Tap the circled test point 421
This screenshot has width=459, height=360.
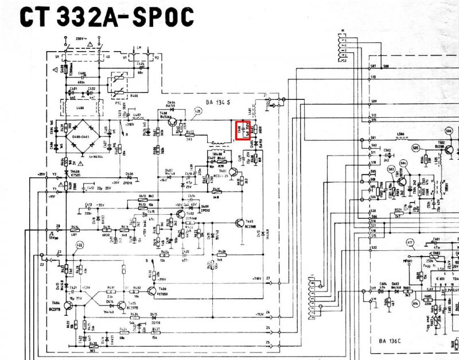click(x=199, y=110)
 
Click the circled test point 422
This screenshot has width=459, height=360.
click(x=79, y=245)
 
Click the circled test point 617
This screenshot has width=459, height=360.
click(x=410, y=243)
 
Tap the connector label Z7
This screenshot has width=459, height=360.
click(x=267, y=278)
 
